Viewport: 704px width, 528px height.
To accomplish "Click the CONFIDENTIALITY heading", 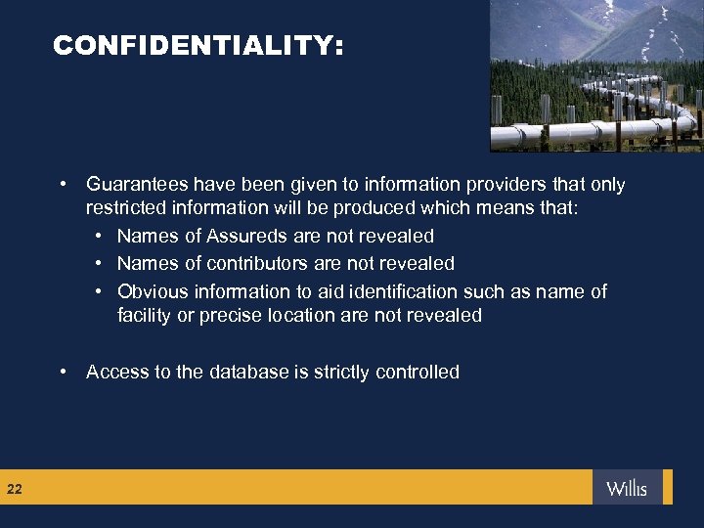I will coord(198,45).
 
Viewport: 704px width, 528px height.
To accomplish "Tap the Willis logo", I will coord(627,488).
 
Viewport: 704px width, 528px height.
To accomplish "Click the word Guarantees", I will coord(137,184).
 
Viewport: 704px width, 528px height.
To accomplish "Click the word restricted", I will coord(122,207).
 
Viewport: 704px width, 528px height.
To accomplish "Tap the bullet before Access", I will coord(63,372).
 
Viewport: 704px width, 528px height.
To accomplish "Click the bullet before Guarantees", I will coord(63,184).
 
